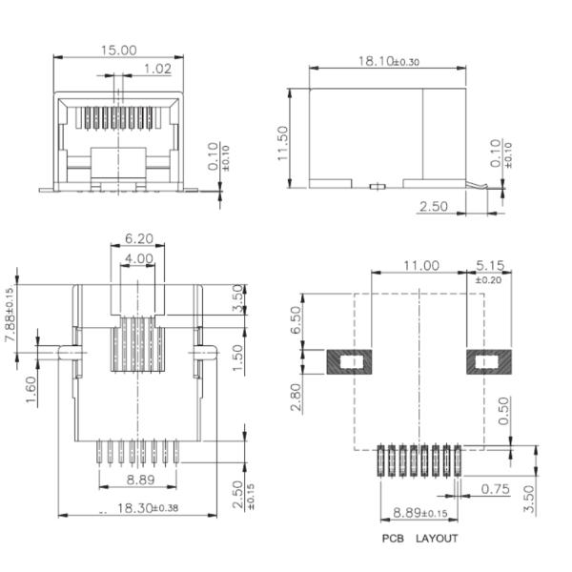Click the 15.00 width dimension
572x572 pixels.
pyautogui.click(x=119, y=50)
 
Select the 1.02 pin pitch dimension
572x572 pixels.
pyautogui.click(x=157, y=69)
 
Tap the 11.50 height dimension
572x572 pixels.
pyautogui.click(x=282, y=143)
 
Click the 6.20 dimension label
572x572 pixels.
pyautogui.click(x=139, y=239)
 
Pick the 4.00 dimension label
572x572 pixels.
pyautogui.click(x=139, y=258)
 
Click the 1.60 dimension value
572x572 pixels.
pyautogui.click(x=32, y=390)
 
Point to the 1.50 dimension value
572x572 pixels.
pyautogui.click(x=239, y=357)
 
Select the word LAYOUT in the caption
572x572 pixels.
pyautogui.click(x=437, y=539)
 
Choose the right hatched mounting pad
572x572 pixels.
pyautogui.click(x=488, y=362)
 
